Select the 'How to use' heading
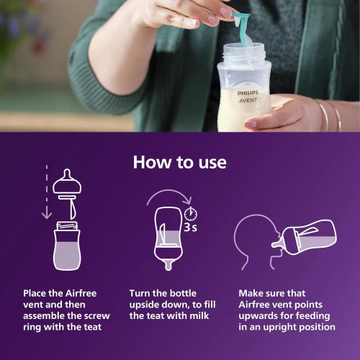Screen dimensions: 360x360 [179, 162]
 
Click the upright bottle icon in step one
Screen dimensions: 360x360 [67, 246]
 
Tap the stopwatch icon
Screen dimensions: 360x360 [191, 214]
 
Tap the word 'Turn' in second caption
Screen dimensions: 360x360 [142, 294]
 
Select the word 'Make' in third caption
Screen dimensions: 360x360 [253, 294]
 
